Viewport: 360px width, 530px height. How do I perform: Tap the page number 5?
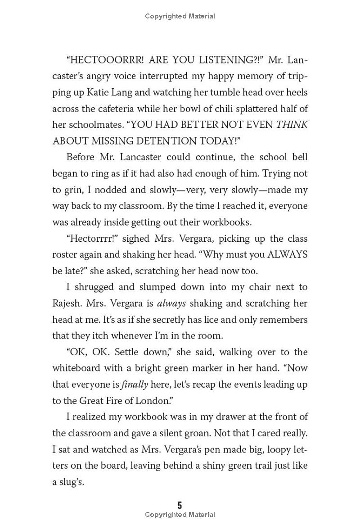(180, 505)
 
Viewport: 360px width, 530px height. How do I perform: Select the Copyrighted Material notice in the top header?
(180, 16)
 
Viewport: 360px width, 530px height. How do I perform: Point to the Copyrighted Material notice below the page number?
(180, 515)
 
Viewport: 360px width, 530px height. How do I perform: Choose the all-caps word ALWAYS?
(288, 254)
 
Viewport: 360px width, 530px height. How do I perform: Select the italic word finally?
(135, 384)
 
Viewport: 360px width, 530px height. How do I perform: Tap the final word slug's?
(68, 481)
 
